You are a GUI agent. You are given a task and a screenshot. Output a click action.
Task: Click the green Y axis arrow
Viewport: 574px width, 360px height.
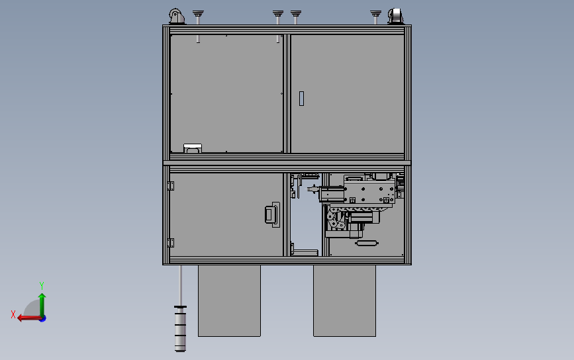(x=42, y=302)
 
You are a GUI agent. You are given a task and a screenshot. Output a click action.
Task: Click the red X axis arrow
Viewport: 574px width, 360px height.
(x=28, y=318)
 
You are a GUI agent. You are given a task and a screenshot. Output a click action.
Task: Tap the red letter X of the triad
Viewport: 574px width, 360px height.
(x=13, y=315)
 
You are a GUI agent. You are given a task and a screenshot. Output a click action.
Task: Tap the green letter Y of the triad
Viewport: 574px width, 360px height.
(x=42, y=285)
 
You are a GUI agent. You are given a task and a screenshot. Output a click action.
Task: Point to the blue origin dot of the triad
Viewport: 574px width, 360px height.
(x=42, y=318)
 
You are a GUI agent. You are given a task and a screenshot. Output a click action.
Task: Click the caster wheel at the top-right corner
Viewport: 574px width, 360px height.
(x=396, y=17)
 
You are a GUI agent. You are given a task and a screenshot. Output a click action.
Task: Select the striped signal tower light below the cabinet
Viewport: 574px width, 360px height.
(x=180, y=328)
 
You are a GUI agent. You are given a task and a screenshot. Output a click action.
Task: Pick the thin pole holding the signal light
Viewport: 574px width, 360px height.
(x=181, y=285)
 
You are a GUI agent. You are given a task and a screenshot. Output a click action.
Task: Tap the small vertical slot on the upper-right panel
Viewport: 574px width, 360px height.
(x=302, y=99)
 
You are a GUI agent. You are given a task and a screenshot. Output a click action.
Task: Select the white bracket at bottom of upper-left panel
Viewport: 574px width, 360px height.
(x=193, y=148)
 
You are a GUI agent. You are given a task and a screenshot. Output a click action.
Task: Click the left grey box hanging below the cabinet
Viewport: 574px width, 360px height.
(x=229, y=300)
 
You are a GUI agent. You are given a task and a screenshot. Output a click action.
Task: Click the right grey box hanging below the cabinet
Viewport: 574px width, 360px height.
(x=344, y=300)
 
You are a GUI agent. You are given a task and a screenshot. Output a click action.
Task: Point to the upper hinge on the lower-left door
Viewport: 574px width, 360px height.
(x=170, y=186)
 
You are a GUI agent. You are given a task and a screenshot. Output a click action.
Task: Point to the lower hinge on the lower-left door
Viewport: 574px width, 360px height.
(x=170, y=243)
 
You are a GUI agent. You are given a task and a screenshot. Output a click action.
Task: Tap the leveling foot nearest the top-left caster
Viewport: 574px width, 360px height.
(x=197, y=15)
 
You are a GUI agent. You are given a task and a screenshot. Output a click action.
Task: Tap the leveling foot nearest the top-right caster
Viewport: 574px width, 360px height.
(x=375, y=15)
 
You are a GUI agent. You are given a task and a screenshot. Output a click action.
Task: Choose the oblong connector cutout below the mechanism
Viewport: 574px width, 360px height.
(x=366, y=243)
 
